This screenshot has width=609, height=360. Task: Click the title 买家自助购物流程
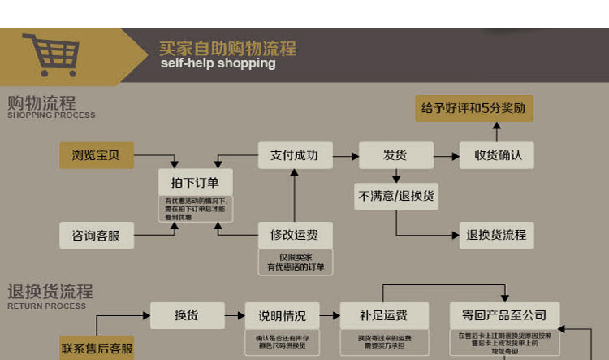(x=227, y=48)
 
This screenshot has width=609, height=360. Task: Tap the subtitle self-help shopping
(x=218, y=63)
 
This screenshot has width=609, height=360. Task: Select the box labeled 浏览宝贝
(x=97, y=155)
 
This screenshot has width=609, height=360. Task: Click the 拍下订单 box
(x=194, y=180)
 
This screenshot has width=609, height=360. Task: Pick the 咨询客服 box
(x=96, y=236)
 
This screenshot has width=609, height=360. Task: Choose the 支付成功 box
(x=295, y=155)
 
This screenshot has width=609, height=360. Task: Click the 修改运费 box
(x=295, y=236)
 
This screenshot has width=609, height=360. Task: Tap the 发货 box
(x=395, y=155)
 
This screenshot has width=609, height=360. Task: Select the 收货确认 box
(x=497, y=155)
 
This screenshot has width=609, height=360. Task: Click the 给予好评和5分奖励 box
(x=474, y=108)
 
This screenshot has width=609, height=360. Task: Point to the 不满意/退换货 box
(x=395, y=196)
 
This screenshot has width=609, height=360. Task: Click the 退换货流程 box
(x=497, y=236)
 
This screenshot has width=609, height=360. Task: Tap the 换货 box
(x=187, y=315)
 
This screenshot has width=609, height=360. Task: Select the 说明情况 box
(x=282, y=315)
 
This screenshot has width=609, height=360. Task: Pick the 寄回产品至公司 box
(x=504, y=315)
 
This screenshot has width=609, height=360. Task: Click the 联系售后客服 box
(x=97, y=348)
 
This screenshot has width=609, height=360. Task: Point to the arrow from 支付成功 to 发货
(x=346, y=155)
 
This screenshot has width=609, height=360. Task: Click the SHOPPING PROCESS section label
(x=51, y=115)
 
